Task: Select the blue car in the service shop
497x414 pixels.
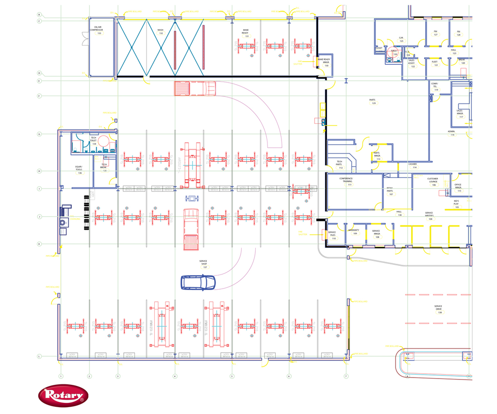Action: point(198,282)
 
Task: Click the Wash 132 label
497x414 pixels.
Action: point(160,32)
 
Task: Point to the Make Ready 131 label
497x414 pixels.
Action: point(246,33)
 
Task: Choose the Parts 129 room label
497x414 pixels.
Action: point(373,102)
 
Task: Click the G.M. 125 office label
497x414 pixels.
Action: point(401,39)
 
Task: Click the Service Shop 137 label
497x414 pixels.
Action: point(203,264)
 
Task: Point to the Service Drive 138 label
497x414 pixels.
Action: point(439,309)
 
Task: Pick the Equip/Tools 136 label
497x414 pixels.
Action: point(79,169)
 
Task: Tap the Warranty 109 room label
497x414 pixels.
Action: point(353,232)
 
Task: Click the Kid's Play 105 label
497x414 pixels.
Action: point(456,204)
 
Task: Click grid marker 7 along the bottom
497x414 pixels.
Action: point(346,376)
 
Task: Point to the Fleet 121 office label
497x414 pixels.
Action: point(435,63)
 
